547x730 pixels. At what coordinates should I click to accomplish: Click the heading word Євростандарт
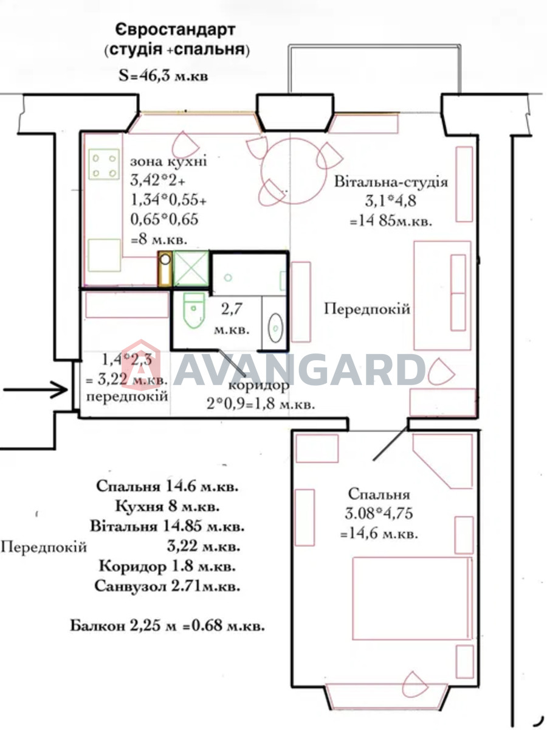click(176, 30)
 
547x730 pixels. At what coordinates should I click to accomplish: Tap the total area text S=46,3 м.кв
click(163, 76)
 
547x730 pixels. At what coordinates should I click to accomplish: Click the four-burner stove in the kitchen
click(104, 164)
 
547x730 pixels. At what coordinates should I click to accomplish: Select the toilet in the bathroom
click(194, 310)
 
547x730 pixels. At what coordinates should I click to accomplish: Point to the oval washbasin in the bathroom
click(275, 328)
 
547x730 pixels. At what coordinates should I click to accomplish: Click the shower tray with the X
click(191, 269)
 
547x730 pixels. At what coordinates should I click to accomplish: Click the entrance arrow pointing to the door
click(35, 389)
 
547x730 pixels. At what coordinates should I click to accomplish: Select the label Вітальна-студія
click(391, 182)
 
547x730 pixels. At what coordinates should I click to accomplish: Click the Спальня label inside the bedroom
click(379, 494)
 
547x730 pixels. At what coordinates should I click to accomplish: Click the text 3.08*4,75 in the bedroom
click(379, 513)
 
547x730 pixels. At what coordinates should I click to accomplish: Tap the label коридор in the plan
click(259, 386)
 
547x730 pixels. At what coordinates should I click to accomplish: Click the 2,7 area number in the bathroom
click(232, 309)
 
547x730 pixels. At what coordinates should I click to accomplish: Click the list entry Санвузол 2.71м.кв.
click(167, 586)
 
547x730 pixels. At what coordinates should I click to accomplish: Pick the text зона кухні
click(168, 162)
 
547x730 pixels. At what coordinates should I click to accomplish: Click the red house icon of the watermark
click(141, 365)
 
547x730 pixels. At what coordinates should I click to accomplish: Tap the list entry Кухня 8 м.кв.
click(167, 507)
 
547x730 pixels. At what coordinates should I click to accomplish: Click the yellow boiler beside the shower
click(165, 269)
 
